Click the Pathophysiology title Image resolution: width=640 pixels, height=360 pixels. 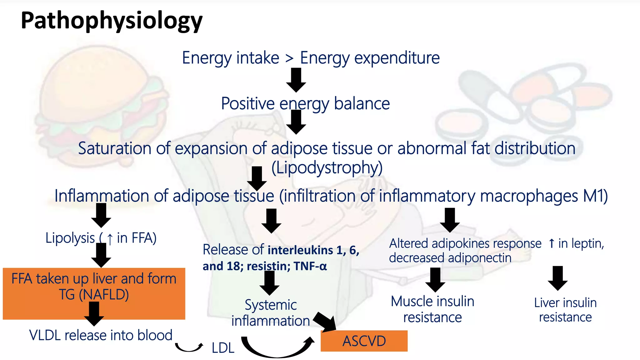[112, 21]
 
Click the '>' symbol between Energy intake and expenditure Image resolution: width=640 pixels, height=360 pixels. [289, 58]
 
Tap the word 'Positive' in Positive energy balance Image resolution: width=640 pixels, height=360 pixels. [248, 103]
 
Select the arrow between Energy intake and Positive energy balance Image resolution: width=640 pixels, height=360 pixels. [296, 80]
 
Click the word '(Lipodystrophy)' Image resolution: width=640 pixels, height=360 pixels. [327, 168]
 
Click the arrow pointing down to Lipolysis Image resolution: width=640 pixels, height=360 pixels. [101, 215]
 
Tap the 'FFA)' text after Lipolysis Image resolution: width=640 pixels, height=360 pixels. [144, 238]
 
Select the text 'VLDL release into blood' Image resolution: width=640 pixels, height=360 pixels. [101, 335]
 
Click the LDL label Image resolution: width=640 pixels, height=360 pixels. [223, 348]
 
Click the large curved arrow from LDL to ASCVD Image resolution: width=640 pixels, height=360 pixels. [277, 350]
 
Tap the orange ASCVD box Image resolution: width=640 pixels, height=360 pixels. [364, 341]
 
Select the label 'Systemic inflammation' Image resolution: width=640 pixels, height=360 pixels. [271, 313]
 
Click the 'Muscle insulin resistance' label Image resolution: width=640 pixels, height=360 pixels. [432, 309]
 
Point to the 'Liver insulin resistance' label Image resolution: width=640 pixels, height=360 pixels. [565, 310]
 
